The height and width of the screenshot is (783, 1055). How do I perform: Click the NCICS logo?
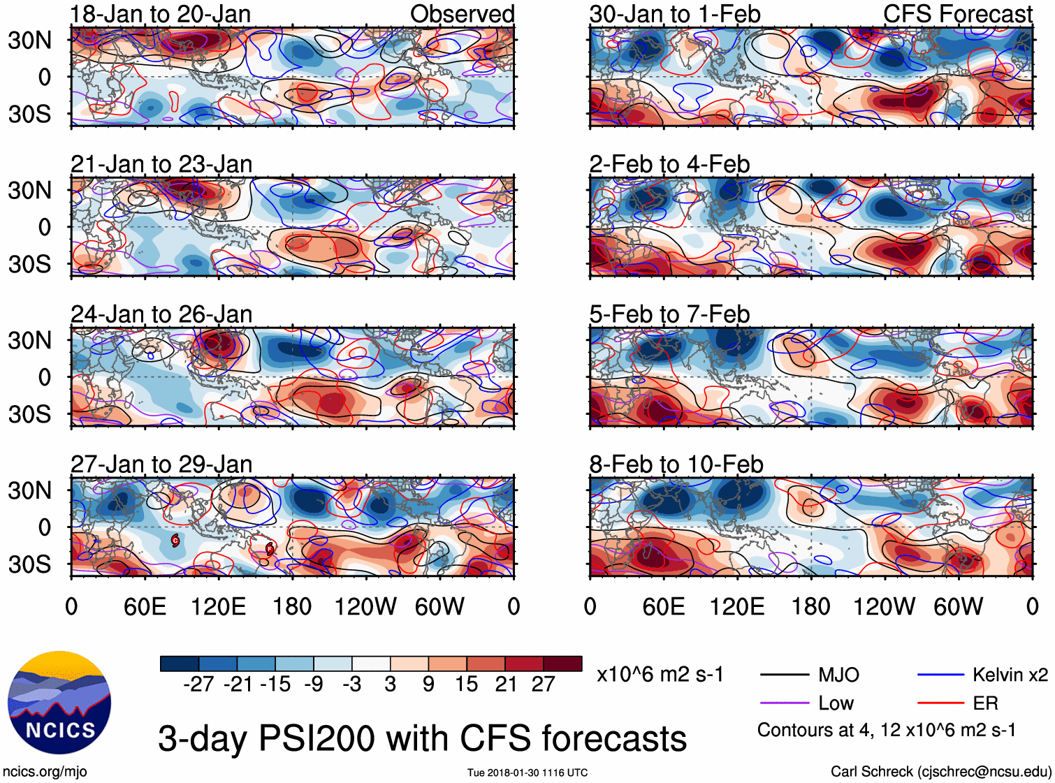click(59, 703)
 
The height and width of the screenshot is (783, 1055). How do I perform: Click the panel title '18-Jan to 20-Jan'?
click(161, 14)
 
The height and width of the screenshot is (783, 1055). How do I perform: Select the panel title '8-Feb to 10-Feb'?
click(676, 464)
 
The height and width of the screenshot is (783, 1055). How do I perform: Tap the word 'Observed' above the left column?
click(462, 14)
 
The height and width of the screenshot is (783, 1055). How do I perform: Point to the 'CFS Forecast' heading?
click(957, 14)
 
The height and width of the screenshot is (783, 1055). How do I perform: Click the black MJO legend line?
click(785, 675)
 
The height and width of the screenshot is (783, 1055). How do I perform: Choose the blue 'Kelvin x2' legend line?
click(940, 675)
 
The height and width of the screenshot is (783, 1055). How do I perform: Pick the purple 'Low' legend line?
click(785, 703)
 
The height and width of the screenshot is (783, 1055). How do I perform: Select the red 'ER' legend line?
click(940, 703)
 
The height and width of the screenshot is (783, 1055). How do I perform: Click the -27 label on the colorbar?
click(198, 685)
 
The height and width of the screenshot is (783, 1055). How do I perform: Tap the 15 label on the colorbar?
click(467, 685)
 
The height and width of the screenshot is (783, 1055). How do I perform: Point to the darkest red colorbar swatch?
click(562, 664)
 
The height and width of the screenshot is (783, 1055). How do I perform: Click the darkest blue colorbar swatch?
click(180, 664)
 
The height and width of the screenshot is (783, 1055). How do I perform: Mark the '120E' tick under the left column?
click(219, 606)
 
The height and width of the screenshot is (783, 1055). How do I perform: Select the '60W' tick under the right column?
click(958, 606)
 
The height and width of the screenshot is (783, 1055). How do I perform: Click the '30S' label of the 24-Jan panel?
click(29, 414)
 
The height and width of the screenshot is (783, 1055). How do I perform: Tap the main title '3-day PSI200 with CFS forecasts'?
click(422, 739)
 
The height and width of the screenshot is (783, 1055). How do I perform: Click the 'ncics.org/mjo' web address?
click(45, 772)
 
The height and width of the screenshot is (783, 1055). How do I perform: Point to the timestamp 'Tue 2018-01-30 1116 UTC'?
click(527, 773)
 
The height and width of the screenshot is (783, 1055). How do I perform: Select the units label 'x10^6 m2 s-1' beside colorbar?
click(660, 675)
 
